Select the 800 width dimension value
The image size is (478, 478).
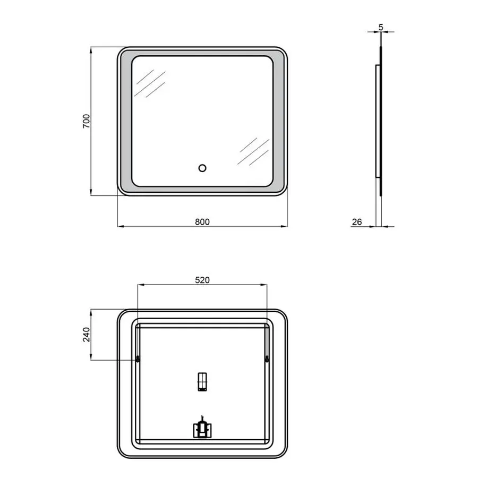[x=202, y=222]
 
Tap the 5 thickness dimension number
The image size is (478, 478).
[x=381, y=26]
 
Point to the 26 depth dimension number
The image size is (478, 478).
[x=357, y=222]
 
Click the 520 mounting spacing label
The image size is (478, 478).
[x=202, y=280]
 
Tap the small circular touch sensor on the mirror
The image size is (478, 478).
[x=202, y=168]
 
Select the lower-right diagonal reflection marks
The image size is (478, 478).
[x=253, y=151]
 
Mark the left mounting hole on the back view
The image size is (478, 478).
[x=138, y=360]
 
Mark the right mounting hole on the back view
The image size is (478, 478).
[x=267, y=360]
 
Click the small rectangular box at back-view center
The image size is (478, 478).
[x=202, y=382]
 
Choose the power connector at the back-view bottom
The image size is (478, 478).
[x=201, y=428]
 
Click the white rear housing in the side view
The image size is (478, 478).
[x=377, y=121]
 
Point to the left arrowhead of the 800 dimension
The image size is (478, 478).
[x=119, y=227]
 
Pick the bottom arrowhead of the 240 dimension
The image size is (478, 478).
[x=91, y=358]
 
